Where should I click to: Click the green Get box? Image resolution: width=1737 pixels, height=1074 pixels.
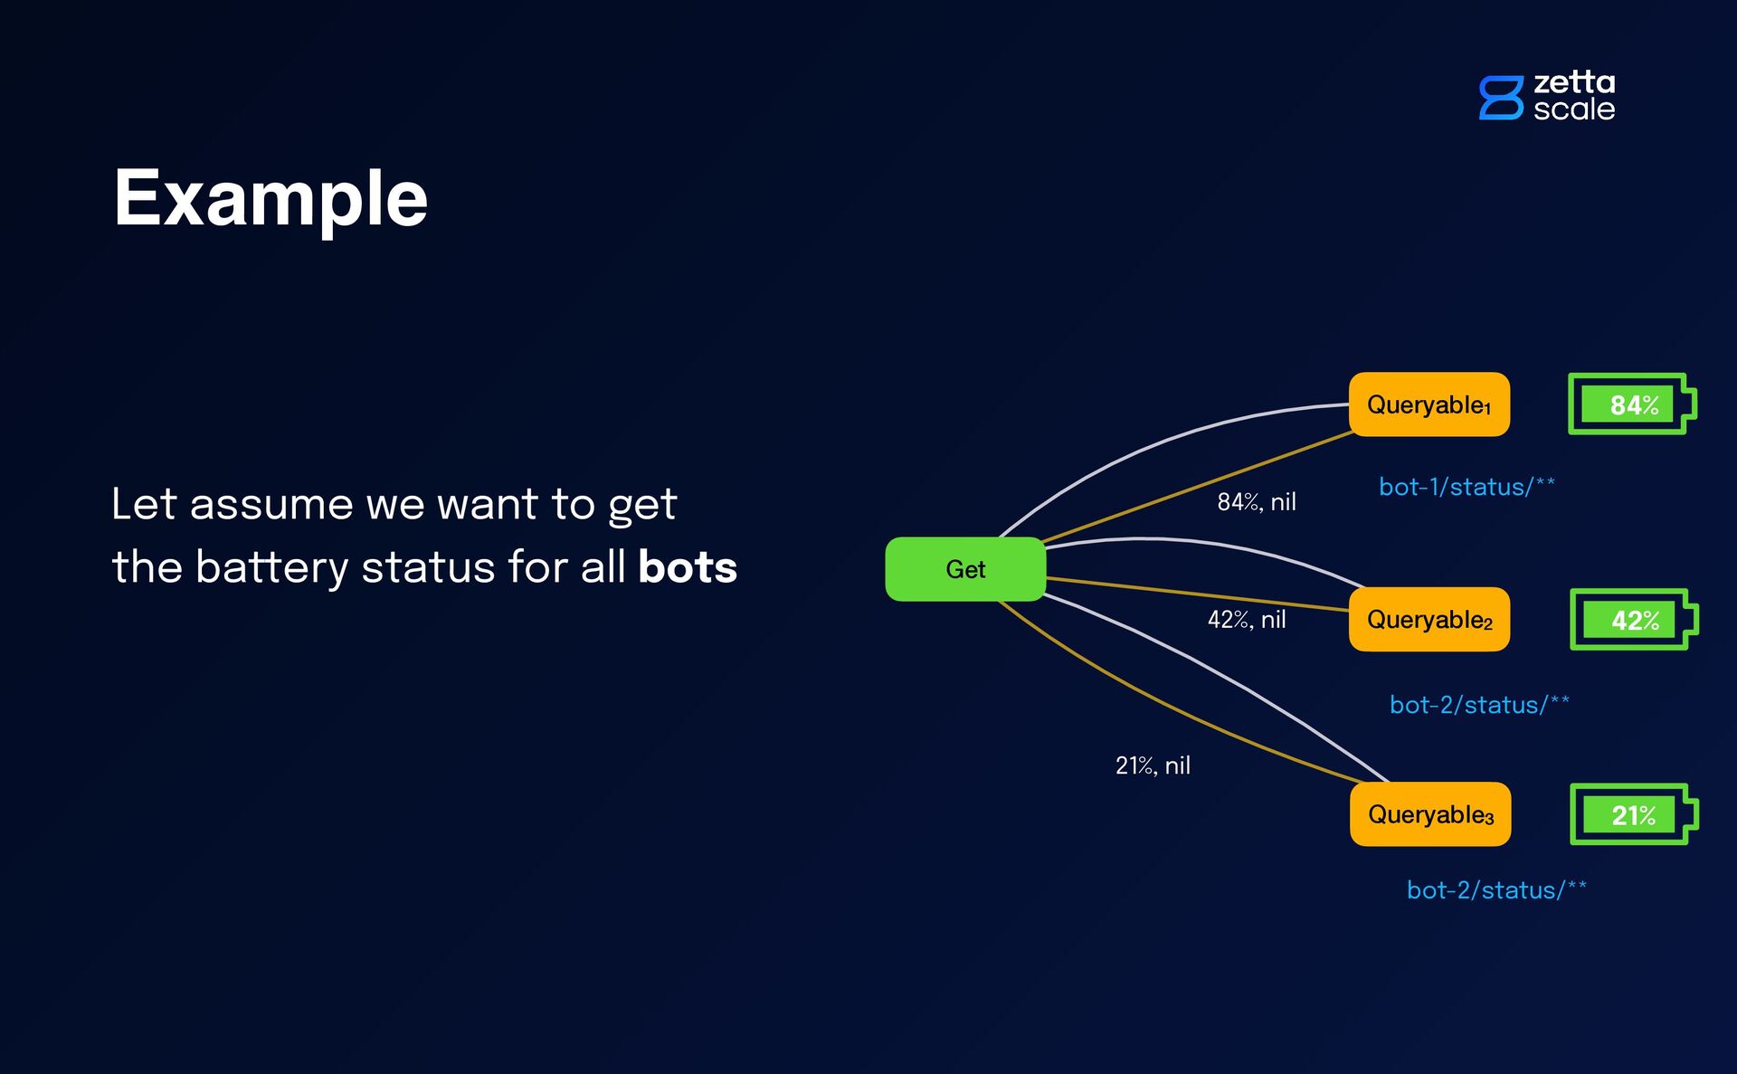(x=965, y=569)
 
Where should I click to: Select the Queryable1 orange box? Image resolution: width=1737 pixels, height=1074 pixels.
(x=1429, y=404)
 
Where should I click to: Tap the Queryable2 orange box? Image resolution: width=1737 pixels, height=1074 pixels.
(x=1429, y=620)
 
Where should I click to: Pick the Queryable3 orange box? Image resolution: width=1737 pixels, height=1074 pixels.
(x=1429, y=814)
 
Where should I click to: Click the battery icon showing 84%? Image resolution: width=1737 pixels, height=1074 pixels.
(x=1631, y=404)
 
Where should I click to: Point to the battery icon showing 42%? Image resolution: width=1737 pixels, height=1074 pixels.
(x=1633, y=620)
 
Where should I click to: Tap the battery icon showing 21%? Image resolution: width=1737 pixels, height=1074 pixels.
(x=1633, y=814)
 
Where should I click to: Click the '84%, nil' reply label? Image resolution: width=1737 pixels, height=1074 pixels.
(x=1256, y=502)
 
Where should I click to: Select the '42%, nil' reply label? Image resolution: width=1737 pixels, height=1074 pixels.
(x=1246, y=620)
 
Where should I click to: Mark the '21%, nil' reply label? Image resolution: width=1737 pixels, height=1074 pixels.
(x=1153, y=765)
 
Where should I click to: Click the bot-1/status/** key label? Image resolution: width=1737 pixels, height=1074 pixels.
(x=1466, y=487)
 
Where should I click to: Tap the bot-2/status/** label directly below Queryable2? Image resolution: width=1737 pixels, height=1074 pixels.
(x=1479, y=705)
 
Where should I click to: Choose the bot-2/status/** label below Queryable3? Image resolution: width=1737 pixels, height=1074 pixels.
(x=1496, y=890)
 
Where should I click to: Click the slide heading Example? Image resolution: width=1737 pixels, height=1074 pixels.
(x=271, y=199)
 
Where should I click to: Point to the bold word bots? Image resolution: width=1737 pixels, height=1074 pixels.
(x=688, y=567)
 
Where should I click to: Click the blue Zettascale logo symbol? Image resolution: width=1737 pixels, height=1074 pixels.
(x=1501, y=98)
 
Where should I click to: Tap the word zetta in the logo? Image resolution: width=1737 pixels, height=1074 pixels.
(x=1574, y=82)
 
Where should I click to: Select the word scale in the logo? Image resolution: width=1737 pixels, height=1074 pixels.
(x=1574, y=109)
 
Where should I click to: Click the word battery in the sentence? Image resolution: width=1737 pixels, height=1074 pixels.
(x=271, y=568)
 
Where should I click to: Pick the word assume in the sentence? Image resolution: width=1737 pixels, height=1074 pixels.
(x=271, y=504)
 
